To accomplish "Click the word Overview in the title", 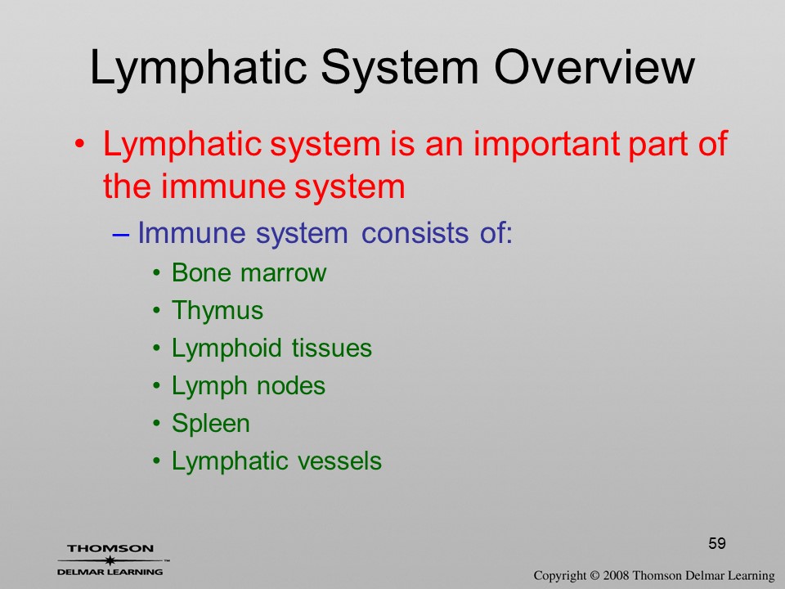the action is click(594, 67).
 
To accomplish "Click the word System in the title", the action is click(400, 69).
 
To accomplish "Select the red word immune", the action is click(222, 187).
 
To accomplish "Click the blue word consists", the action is click(415, 233).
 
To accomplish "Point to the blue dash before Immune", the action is click(121, 233).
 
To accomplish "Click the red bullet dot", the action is click(79, 145).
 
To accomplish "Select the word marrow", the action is click(284, 274).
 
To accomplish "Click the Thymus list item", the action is click(218, 311).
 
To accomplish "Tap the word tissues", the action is click(331, 348).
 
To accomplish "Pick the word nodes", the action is click(291, 385).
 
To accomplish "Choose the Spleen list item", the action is click(211, 424).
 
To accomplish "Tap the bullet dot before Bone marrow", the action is click(157, 273).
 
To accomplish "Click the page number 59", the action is click(717, 543).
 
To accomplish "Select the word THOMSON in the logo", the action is click(110, 548).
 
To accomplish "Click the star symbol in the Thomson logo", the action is click(110, 560).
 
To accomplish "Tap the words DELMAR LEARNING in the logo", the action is click(110, 572).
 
